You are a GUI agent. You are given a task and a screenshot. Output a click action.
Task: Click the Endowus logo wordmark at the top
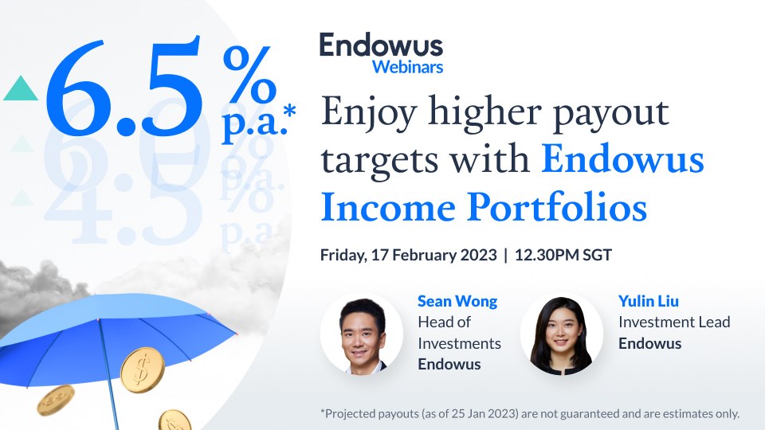[381, 45]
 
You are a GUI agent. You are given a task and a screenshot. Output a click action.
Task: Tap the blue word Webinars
[407, 67]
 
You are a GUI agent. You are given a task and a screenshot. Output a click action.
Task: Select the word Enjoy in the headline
[359, 115]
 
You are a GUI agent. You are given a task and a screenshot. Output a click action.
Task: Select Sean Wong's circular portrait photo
[361, 334]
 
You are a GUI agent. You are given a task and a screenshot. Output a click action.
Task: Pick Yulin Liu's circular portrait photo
[561, 334]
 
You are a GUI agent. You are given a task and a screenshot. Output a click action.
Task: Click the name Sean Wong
[457, 301]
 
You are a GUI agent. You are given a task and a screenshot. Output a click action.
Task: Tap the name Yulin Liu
[649, 301]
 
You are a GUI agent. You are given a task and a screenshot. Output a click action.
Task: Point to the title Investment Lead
[674, 322]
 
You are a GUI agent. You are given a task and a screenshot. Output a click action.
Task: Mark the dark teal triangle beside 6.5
[21, 88]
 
